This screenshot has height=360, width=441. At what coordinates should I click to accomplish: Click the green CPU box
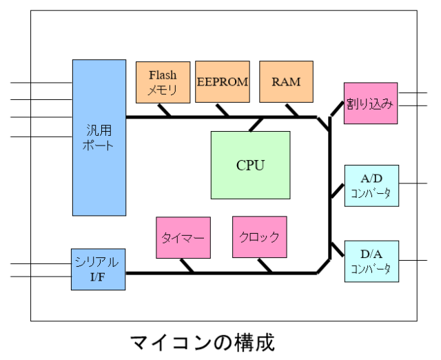coord(250,165)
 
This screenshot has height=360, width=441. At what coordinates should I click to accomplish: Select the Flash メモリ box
coord(163,82)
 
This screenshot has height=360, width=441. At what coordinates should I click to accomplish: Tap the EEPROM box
coord(222,82)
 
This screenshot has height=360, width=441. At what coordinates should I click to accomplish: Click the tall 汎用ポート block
coord(99,137)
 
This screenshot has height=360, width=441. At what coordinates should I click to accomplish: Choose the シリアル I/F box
coord(99,268)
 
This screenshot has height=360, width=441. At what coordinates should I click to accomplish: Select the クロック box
coord(259,237)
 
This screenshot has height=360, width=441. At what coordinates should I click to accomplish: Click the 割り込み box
coord(370,103)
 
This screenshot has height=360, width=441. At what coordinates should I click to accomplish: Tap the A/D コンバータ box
coord(370,186)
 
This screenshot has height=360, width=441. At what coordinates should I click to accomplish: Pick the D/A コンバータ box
coord(370,261)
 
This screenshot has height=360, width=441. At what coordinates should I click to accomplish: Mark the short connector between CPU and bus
coord(256,123)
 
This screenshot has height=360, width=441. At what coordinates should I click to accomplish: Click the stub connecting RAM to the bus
coord(292,110)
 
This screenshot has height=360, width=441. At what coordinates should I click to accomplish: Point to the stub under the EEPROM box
coord(222,110)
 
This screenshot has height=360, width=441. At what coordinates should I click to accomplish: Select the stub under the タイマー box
coord(185,266)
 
